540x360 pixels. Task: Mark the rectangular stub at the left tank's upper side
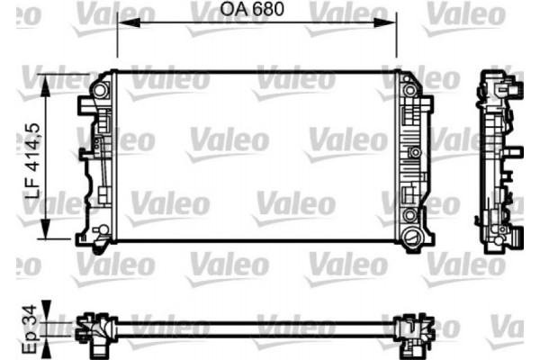pyautogui.click(x=83, y=106)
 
